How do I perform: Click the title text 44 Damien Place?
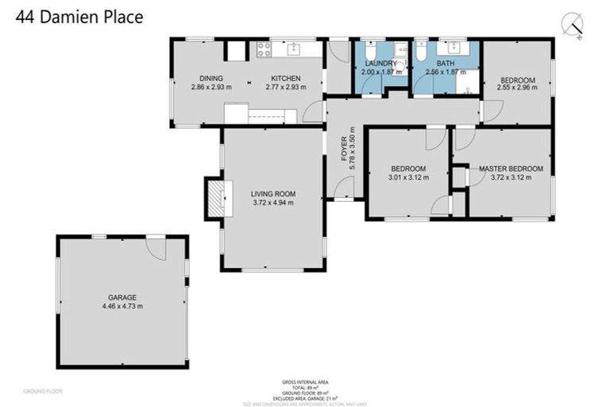[x=79, y=17]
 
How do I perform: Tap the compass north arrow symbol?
[x=572, y=25]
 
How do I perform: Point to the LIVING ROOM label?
[x=273, y=193]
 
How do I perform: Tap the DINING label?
[x=210, y=78]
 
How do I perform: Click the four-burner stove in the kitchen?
[x=263, y=49]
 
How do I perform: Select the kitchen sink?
[x=294, y=49]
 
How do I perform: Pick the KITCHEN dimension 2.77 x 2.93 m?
[x=285, y=87]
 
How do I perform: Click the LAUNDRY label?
[x=381, y=63]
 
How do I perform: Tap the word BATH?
[x=446, y=63]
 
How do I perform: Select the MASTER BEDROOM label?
[x=511, y=169]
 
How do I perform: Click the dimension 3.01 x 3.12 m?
[x=408, y=177]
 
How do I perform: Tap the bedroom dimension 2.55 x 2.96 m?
[x=517, y=88]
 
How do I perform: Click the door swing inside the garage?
[x=160, y=248]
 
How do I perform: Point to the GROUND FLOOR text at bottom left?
[x=43, y=391]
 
